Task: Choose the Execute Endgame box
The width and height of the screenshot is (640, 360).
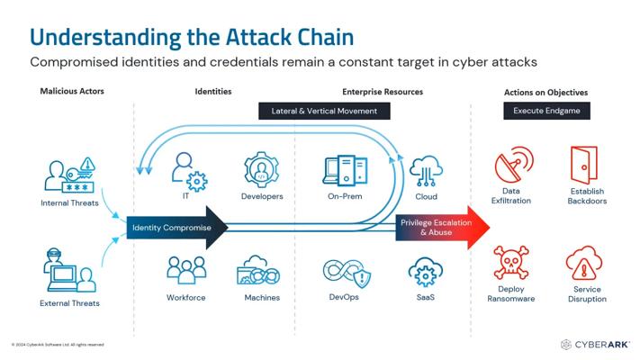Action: (546, 111)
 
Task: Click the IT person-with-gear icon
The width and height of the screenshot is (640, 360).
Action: (185, 169)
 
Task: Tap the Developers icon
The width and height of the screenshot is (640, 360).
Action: (262, 170)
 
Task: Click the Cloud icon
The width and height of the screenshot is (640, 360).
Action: (426, 170)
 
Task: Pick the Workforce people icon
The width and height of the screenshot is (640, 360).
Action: (185, 271)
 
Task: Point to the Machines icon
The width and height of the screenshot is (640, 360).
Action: (261, 273)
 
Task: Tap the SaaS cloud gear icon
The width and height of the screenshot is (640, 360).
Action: (425, 273)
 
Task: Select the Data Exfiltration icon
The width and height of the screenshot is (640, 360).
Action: (510, 166)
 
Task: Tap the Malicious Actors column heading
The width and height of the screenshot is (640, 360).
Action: (72, 92)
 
